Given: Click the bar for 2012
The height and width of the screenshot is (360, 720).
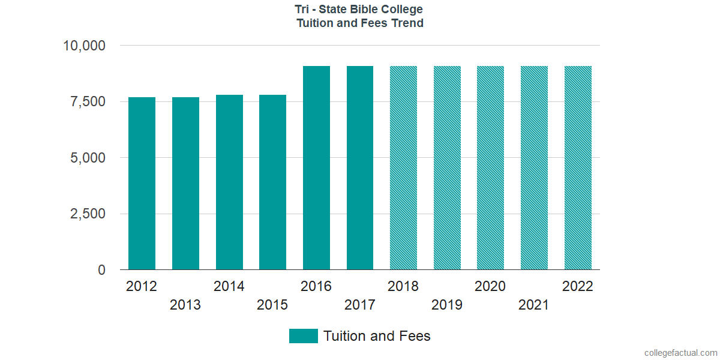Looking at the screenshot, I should pyautogui.click(x=142, y=183).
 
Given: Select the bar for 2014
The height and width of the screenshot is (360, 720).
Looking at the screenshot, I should pyautogui.click(x=229, y=182).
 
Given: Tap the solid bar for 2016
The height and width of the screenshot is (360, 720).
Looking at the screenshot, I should pyautogui.click(x=316, y=167).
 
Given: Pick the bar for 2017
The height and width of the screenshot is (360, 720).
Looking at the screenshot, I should pyautogui.click(x=360, y=167).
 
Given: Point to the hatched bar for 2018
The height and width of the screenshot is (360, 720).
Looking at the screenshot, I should pyautogui.click(x=403, y=167).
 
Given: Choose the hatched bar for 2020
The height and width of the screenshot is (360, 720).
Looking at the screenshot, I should pyautogui.click(x=490, y=167).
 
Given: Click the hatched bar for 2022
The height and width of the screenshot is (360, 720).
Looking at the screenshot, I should pyautogui.click(x=578, y=167).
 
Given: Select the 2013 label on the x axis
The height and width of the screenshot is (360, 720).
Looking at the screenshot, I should pyautogui.click(x=185, y=305).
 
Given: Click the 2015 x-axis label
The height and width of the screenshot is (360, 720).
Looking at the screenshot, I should pyautogui.click(x=272, y=305).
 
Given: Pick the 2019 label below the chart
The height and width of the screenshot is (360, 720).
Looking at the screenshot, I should pyautogui.click(x=447, y=305).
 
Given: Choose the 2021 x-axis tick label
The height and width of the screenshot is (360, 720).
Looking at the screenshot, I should pyautogui.click(x=534, y=305).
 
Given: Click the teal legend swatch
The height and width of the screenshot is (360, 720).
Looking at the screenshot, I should pyautogui.click(x=303, y=336).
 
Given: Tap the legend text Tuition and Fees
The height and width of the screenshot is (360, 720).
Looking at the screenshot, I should pyautogui.click(x=377, y=336).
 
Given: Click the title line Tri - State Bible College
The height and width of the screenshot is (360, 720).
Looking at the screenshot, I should pyautogui.click(x=360, y=10).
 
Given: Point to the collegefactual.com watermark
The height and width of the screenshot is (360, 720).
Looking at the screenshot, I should pyautogui.click(x=680, y=353).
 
